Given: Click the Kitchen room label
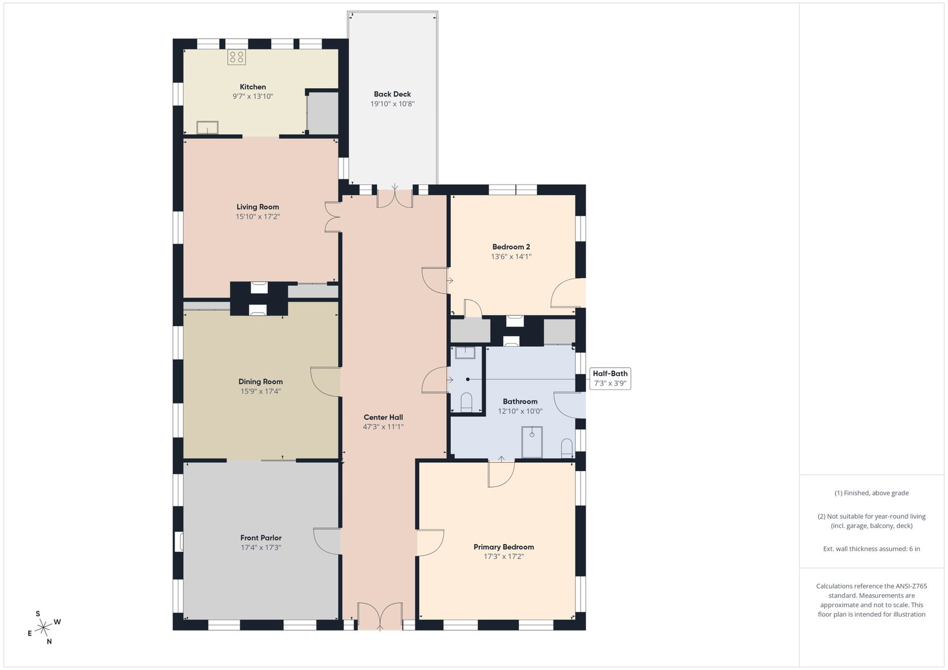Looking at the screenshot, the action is click(252, 86).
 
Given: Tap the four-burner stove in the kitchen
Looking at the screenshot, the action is click(236, 57).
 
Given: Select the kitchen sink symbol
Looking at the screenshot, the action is click(207, 127).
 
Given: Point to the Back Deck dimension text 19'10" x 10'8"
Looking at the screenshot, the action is click(392, 104).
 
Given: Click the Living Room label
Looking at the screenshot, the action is click(258, 207).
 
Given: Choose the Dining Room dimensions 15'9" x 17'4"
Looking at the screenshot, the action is click(261, 391).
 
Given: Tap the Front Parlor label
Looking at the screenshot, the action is click(261, 537).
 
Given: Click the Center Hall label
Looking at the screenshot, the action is click(383, 417).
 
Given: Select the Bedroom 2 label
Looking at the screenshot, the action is click(511, 247).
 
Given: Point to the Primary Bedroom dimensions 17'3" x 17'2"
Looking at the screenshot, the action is click(504, 557).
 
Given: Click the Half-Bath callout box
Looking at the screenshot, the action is click(610, 378).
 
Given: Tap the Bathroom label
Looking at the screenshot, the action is click(520, 401).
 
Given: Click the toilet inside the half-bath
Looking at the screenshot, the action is click(466, 401).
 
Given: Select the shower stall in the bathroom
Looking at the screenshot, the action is click(532, 442).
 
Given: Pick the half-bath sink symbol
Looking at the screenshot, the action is click(465, 353).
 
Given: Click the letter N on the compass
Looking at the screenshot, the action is click(49, 641).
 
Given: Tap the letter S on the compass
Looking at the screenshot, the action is click(38, 614).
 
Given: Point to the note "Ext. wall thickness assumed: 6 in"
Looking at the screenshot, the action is click(872, 549).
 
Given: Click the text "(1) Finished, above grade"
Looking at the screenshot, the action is click(872, 493).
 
